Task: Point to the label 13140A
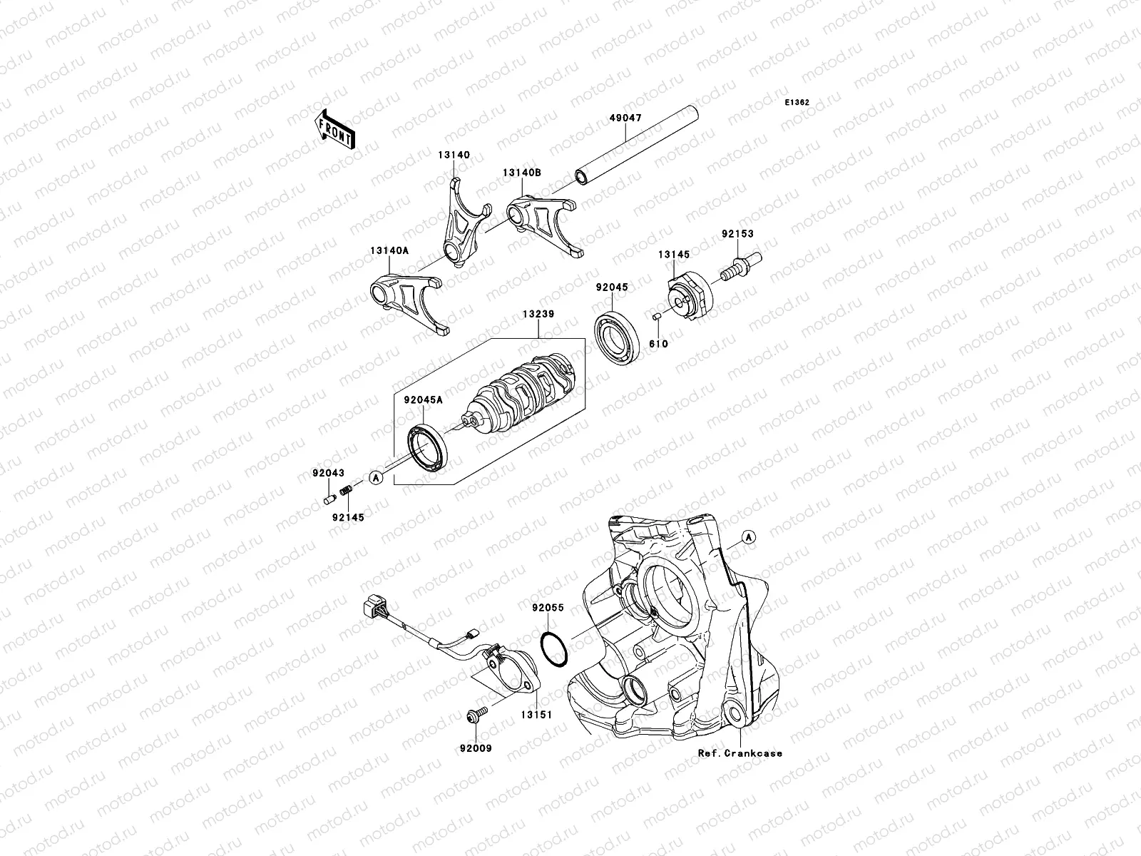coord(390,250)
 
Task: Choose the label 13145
coord(673,255)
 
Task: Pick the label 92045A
coord(424,400)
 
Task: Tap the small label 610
coord(658,344)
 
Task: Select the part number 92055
coord(548,608)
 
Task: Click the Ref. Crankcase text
coord(740,753)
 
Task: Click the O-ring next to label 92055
coord(554,649)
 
